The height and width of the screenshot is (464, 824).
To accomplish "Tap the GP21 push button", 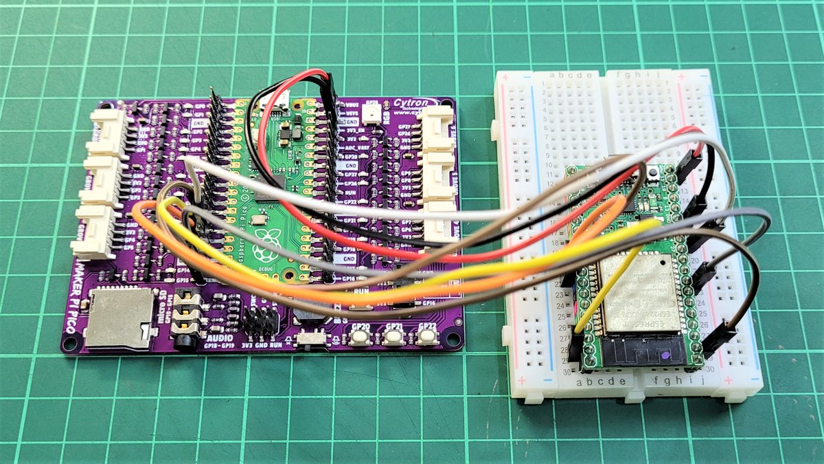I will [x=393, y=337].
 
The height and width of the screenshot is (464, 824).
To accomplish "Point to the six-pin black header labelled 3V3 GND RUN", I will [x=261, y=321].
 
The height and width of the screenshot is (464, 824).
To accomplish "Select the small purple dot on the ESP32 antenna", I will [x=665, y=356].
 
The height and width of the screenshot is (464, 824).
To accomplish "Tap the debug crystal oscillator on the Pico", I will [x=258, y=221].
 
